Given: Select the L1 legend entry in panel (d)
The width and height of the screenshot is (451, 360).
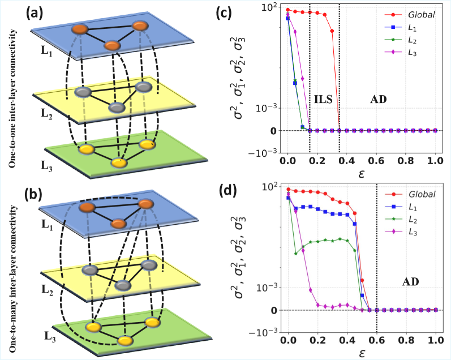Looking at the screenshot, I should point(418,207).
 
